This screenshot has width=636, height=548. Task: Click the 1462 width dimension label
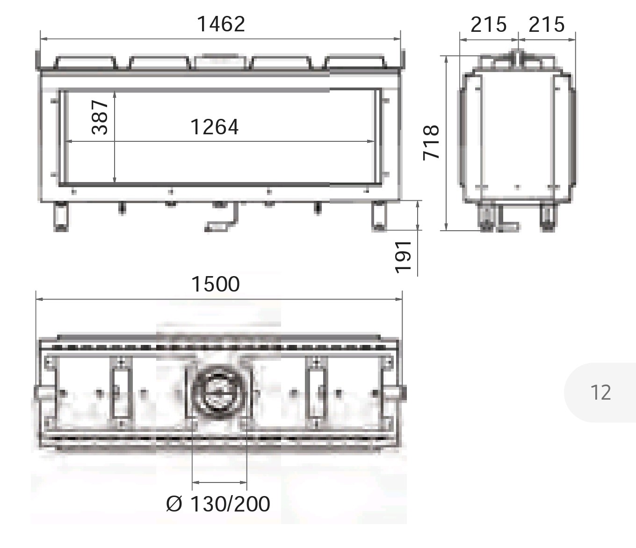point(221,24)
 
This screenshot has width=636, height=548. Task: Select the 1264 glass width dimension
point(215,127)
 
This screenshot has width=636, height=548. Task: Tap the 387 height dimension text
point(100,117)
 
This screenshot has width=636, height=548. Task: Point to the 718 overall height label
point(431,142)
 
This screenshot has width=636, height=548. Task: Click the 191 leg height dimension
point(403,257)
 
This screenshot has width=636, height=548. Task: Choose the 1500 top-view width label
point(216,284)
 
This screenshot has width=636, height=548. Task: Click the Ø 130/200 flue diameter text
point(218,504)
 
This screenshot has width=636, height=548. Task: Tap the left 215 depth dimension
point(488,24)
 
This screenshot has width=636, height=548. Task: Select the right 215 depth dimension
point(547,24)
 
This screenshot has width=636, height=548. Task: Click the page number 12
point(600,393)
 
